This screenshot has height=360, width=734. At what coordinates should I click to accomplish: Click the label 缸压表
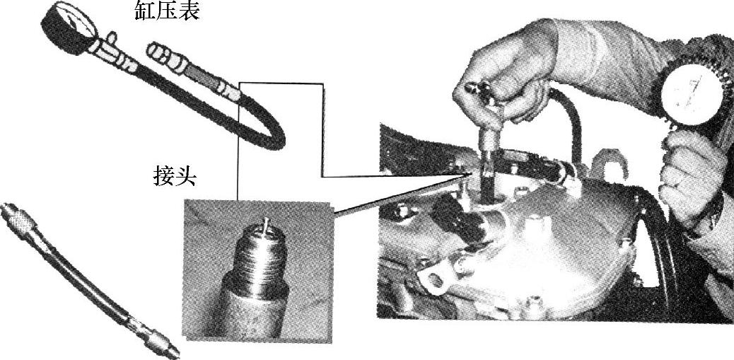coord(167,11)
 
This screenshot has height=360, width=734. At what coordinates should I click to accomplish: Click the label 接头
coord(175,177)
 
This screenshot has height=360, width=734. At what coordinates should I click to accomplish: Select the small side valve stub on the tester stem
coord(112,37)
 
